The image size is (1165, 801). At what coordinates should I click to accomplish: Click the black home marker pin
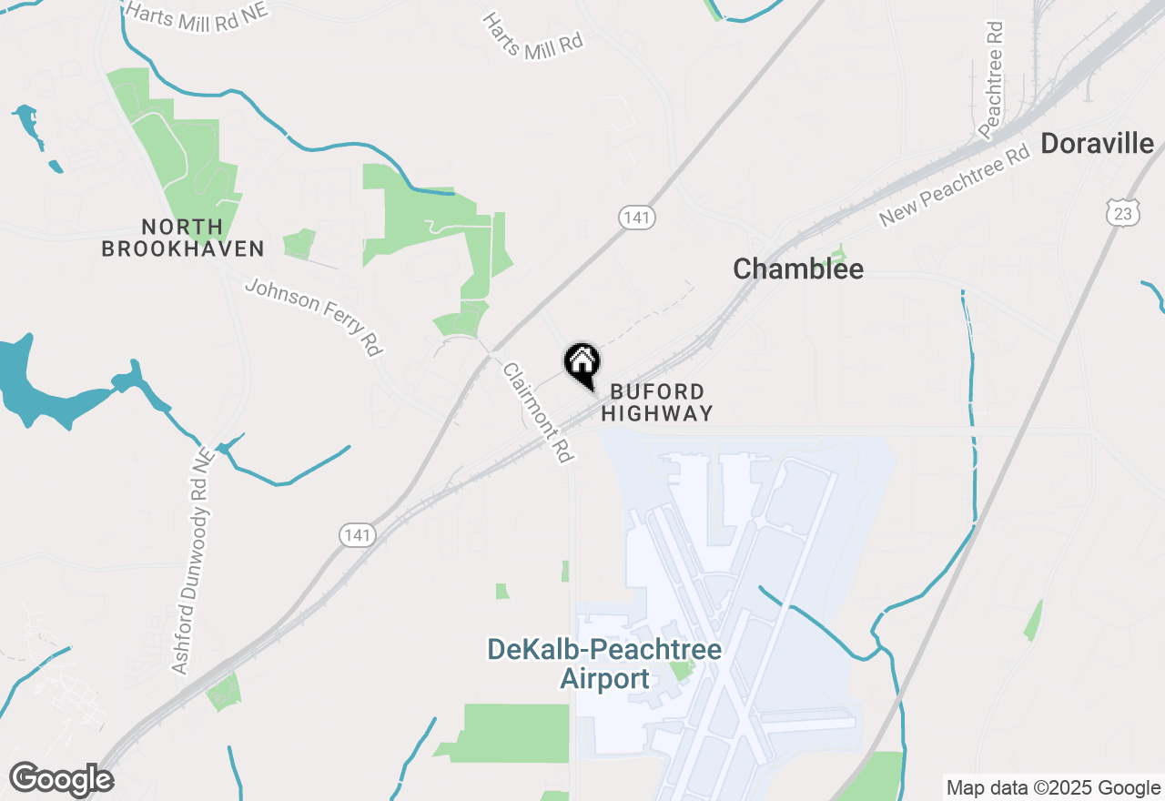pyautogui.click(x=582, y=365)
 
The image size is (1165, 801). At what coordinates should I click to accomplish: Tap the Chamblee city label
pyautogui.click(x=798, y=269)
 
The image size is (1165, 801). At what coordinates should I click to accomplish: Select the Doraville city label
pyautogui.click(x=1097, y=144)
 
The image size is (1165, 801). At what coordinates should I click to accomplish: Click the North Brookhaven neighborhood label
pyautogui.click(x=182, y=238)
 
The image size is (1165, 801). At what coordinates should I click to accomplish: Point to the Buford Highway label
pyautogui.click(x=657, y=402)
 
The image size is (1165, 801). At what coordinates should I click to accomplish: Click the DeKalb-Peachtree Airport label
pyautogui.click(x=604, y=664)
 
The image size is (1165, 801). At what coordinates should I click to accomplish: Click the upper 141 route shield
pyautogui.click(x=636, y=217)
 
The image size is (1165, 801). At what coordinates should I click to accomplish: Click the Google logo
pyautogui.click(x=61, y=780)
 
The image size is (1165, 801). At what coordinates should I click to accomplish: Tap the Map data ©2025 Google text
pyautogui.click(x=1052, y=788)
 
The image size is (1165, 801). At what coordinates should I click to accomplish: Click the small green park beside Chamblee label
pyautogui.click(x=838, y=253)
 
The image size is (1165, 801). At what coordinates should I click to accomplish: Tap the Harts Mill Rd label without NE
pyautogui.click(x=532, y=36)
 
